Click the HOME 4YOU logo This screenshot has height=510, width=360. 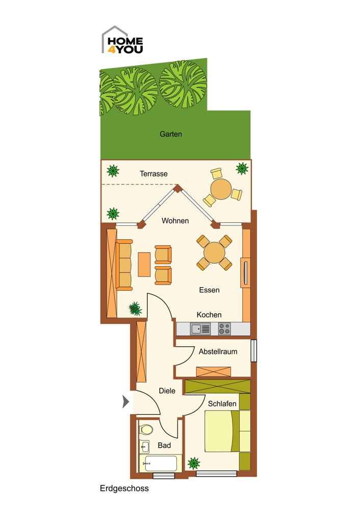(122, 40)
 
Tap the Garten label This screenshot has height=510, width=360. (171, 134)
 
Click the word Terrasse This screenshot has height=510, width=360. (154, 174)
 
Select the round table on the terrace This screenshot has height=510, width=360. (221, 189)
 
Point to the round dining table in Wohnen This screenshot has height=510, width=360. (214, 253)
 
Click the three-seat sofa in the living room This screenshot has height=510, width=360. (124, 265)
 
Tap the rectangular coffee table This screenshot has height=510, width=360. (144, 264)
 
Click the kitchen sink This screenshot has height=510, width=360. (200, 329)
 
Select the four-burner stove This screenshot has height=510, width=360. (224, 329)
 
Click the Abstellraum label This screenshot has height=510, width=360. (218, 351)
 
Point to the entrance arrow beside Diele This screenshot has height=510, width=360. (125, 401)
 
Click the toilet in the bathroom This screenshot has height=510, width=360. (146, 429)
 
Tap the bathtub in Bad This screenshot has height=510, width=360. (158, 464)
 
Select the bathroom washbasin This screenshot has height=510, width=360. (144, 446)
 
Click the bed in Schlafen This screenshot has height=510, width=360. (227, 431)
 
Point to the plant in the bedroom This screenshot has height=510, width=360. (194, 463)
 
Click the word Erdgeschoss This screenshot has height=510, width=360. (124, 489)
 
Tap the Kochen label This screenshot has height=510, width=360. (209, 315)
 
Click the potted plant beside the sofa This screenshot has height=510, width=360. (135, 309)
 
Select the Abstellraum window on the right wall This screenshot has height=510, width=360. (253, 351)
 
